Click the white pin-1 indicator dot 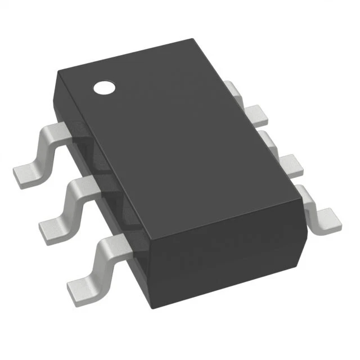coord(104,87)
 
